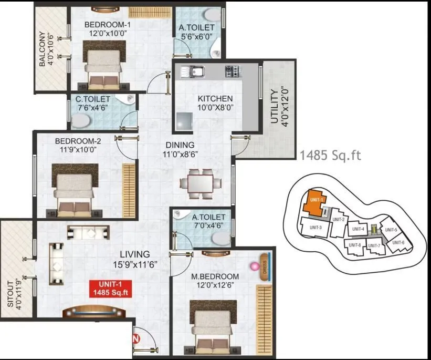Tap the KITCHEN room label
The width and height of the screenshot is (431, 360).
point(215,98)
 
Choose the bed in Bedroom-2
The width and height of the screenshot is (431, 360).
point(75,190)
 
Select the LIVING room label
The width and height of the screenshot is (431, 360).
point(135,254)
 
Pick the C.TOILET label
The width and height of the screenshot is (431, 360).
point(93,99)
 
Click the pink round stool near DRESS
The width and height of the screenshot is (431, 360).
point(255,266)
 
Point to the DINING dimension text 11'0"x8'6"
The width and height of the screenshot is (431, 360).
point(181,155)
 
